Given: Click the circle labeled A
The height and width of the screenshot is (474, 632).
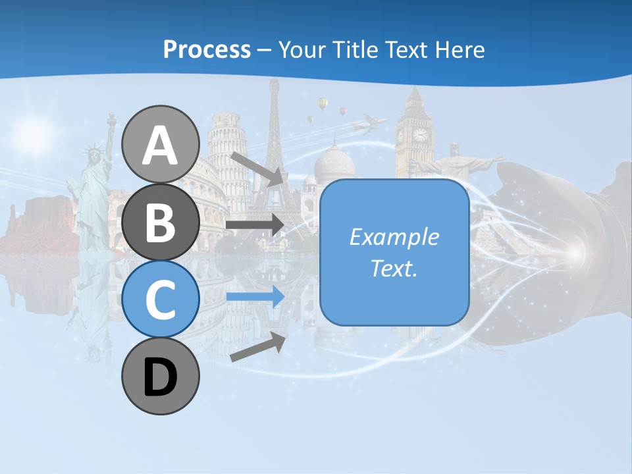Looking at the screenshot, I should coord(161,144).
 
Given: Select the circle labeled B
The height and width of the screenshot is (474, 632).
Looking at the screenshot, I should coord(161,222).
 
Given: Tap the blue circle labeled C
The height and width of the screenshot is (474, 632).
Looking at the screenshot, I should coord(161,299).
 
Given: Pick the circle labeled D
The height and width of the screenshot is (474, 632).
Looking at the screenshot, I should coord(161,377).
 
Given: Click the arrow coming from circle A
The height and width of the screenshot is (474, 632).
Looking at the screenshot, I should coord(257,168).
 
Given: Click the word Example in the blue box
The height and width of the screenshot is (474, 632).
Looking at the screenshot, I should coord(394,236).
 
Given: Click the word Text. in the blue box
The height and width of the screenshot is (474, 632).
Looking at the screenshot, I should coord(394,268).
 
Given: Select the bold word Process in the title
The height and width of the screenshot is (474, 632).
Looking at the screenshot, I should coord(207,49).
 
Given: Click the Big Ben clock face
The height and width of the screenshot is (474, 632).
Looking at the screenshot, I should coord(419,135).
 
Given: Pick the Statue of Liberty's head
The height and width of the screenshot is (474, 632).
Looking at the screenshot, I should coord(93,153).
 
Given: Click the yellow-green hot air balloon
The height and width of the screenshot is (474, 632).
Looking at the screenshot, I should coord(322,103).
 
